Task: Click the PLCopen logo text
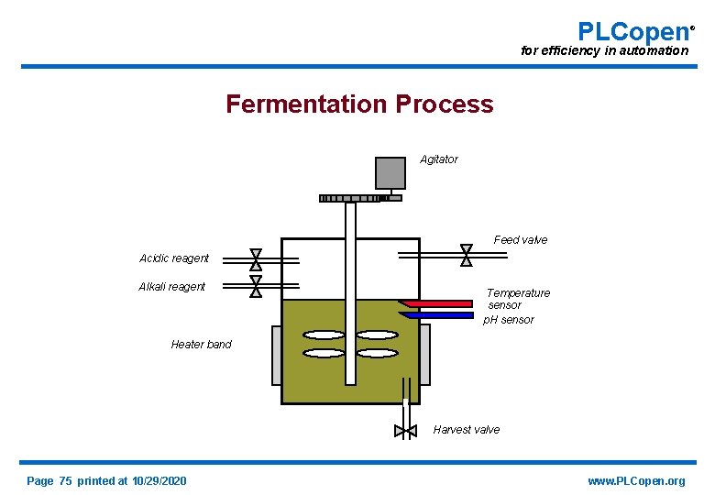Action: pos(633,32)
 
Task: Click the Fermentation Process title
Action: pos(359,104)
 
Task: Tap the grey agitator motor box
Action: pos(390,173)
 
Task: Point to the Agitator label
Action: pos(439,159)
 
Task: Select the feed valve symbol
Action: pos(466,254)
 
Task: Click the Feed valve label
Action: pos(520,240)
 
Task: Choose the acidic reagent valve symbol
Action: pos(256,258)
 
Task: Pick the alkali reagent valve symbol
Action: pos(256,287)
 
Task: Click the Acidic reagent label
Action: pos(174,258)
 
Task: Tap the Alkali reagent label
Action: pos(171,287)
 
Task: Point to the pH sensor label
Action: pos(509,320)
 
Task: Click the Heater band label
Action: pos(201,345)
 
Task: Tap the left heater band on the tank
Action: pos(277,355)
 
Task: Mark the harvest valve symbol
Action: pos(404,431)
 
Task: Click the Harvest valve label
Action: pos(466,430)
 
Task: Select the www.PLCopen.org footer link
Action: pos(636,481)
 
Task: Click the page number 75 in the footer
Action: pos(65,481)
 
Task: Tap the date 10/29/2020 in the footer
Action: pos(159,481)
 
